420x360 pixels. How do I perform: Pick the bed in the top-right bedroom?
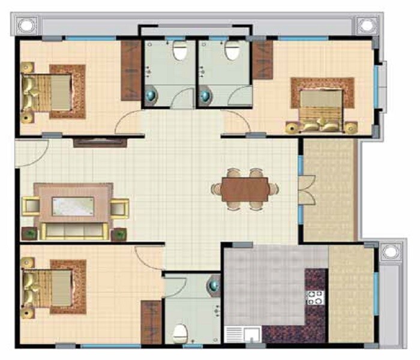321,108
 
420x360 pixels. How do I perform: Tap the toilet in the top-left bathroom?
178,53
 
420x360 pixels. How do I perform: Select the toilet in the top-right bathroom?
231,52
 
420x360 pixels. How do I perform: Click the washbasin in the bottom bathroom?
213,286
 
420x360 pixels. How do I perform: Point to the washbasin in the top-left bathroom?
151,94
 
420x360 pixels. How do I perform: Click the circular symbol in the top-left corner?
26,26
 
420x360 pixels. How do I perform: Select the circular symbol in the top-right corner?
365,26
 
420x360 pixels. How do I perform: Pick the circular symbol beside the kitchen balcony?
390,251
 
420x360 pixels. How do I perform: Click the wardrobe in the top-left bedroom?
130,70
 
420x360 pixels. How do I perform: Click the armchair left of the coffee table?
30,207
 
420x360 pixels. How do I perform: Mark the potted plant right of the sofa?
119,233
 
